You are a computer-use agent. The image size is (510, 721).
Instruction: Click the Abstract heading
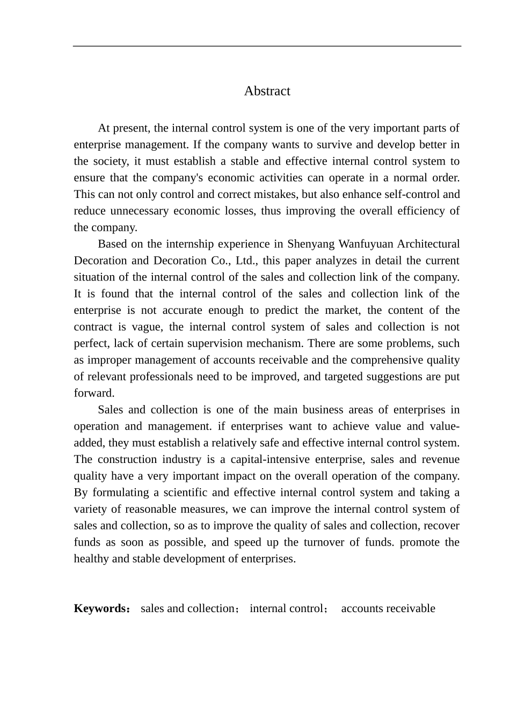(267, 91)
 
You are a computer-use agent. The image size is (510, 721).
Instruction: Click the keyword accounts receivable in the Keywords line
(388, 608)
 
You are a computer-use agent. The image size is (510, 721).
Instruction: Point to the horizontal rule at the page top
(267, 46)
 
